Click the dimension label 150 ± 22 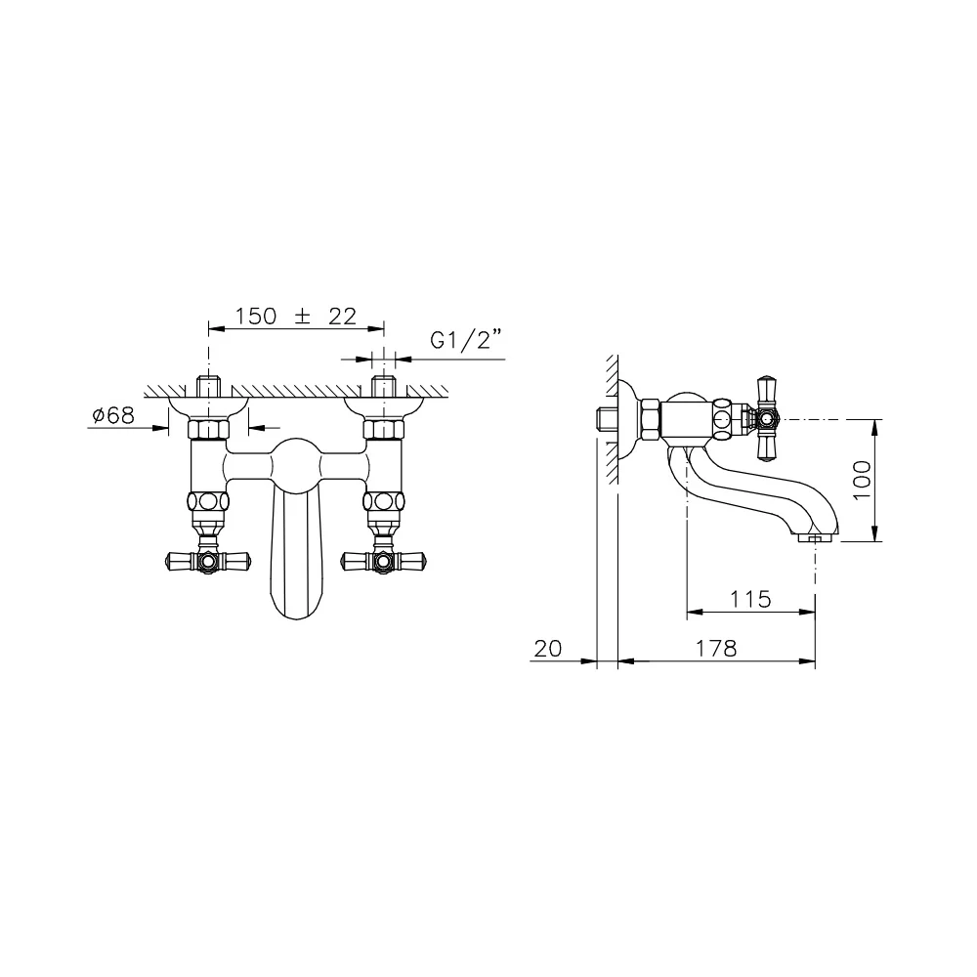(295, 317)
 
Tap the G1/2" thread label (466, 340)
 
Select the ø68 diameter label (112, 415)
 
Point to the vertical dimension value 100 (862, 480)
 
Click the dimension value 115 (750, 600)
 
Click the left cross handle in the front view (208, 561)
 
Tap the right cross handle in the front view (383, 561)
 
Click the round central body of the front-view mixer (296, 463)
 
